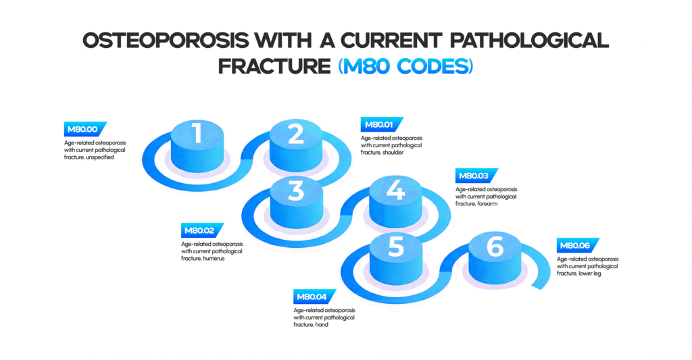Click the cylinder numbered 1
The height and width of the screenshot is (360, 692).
[197, 138]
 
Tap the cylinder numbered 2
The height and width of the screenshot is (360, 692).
[296, 139]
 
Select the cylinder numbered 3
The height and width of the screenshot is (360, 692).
[296, 195]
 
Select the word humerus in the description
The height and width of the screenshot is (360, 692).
[214, 258]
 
